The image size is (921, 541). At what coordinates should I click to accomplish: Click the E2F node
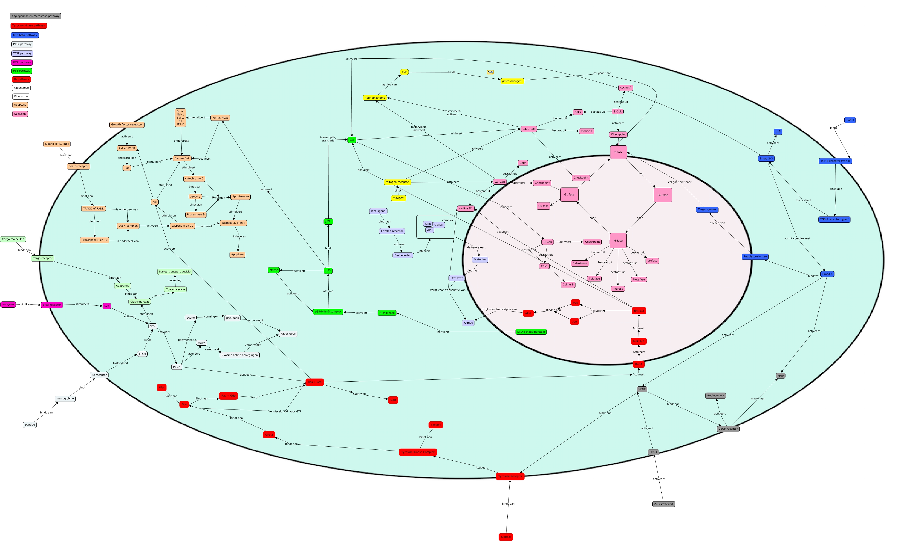(404, 72)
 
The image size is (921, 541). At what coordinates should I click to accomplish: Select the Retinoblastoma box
(375, 98)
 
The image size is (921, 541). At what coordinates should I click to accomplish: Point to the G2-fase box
(662, 195)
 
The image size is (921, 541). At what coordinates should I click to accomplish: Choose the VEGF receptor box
(728, 429)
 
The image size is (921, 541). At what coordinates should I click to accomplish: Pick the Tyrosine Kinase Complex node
(418, 452)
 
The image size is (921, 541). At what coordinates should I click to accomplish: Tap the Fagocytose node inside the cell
(288, 334)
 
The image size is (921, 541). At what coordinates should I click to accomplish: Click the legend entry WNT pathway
(22, 53)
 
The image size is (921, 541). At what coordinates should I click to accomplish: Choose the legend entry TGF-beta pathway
(25, 35)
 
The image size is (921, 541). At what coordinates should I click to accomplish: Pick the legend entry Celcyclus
(20, 114)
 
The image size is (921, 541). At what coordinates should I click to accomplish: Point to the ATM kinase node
(387, 313)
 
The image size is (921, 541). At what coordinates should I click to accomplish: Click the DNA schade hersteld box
(531, 332)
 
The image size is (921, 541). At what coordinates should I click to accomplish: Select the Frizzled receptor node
(392, 231)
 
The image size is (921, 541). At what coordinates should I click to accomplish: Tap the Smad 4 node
(827, 274)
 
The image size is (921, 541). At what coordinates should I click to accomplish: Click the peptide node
(30, 425)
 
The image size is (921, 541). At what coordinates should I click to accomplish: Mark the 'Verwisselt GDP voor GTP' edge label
(285, 412)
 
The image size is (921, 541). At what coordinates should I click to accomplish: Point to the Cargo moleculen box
(13, 239)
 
